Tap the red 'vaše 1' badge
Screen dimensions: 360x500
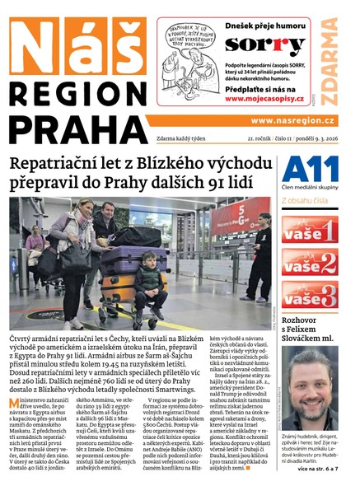(x=309, y=229)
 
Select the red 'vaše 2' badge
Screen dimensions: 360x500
(x=309, y=261)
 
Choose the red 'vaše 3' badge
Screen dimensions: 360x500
(x=309, y=293)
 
